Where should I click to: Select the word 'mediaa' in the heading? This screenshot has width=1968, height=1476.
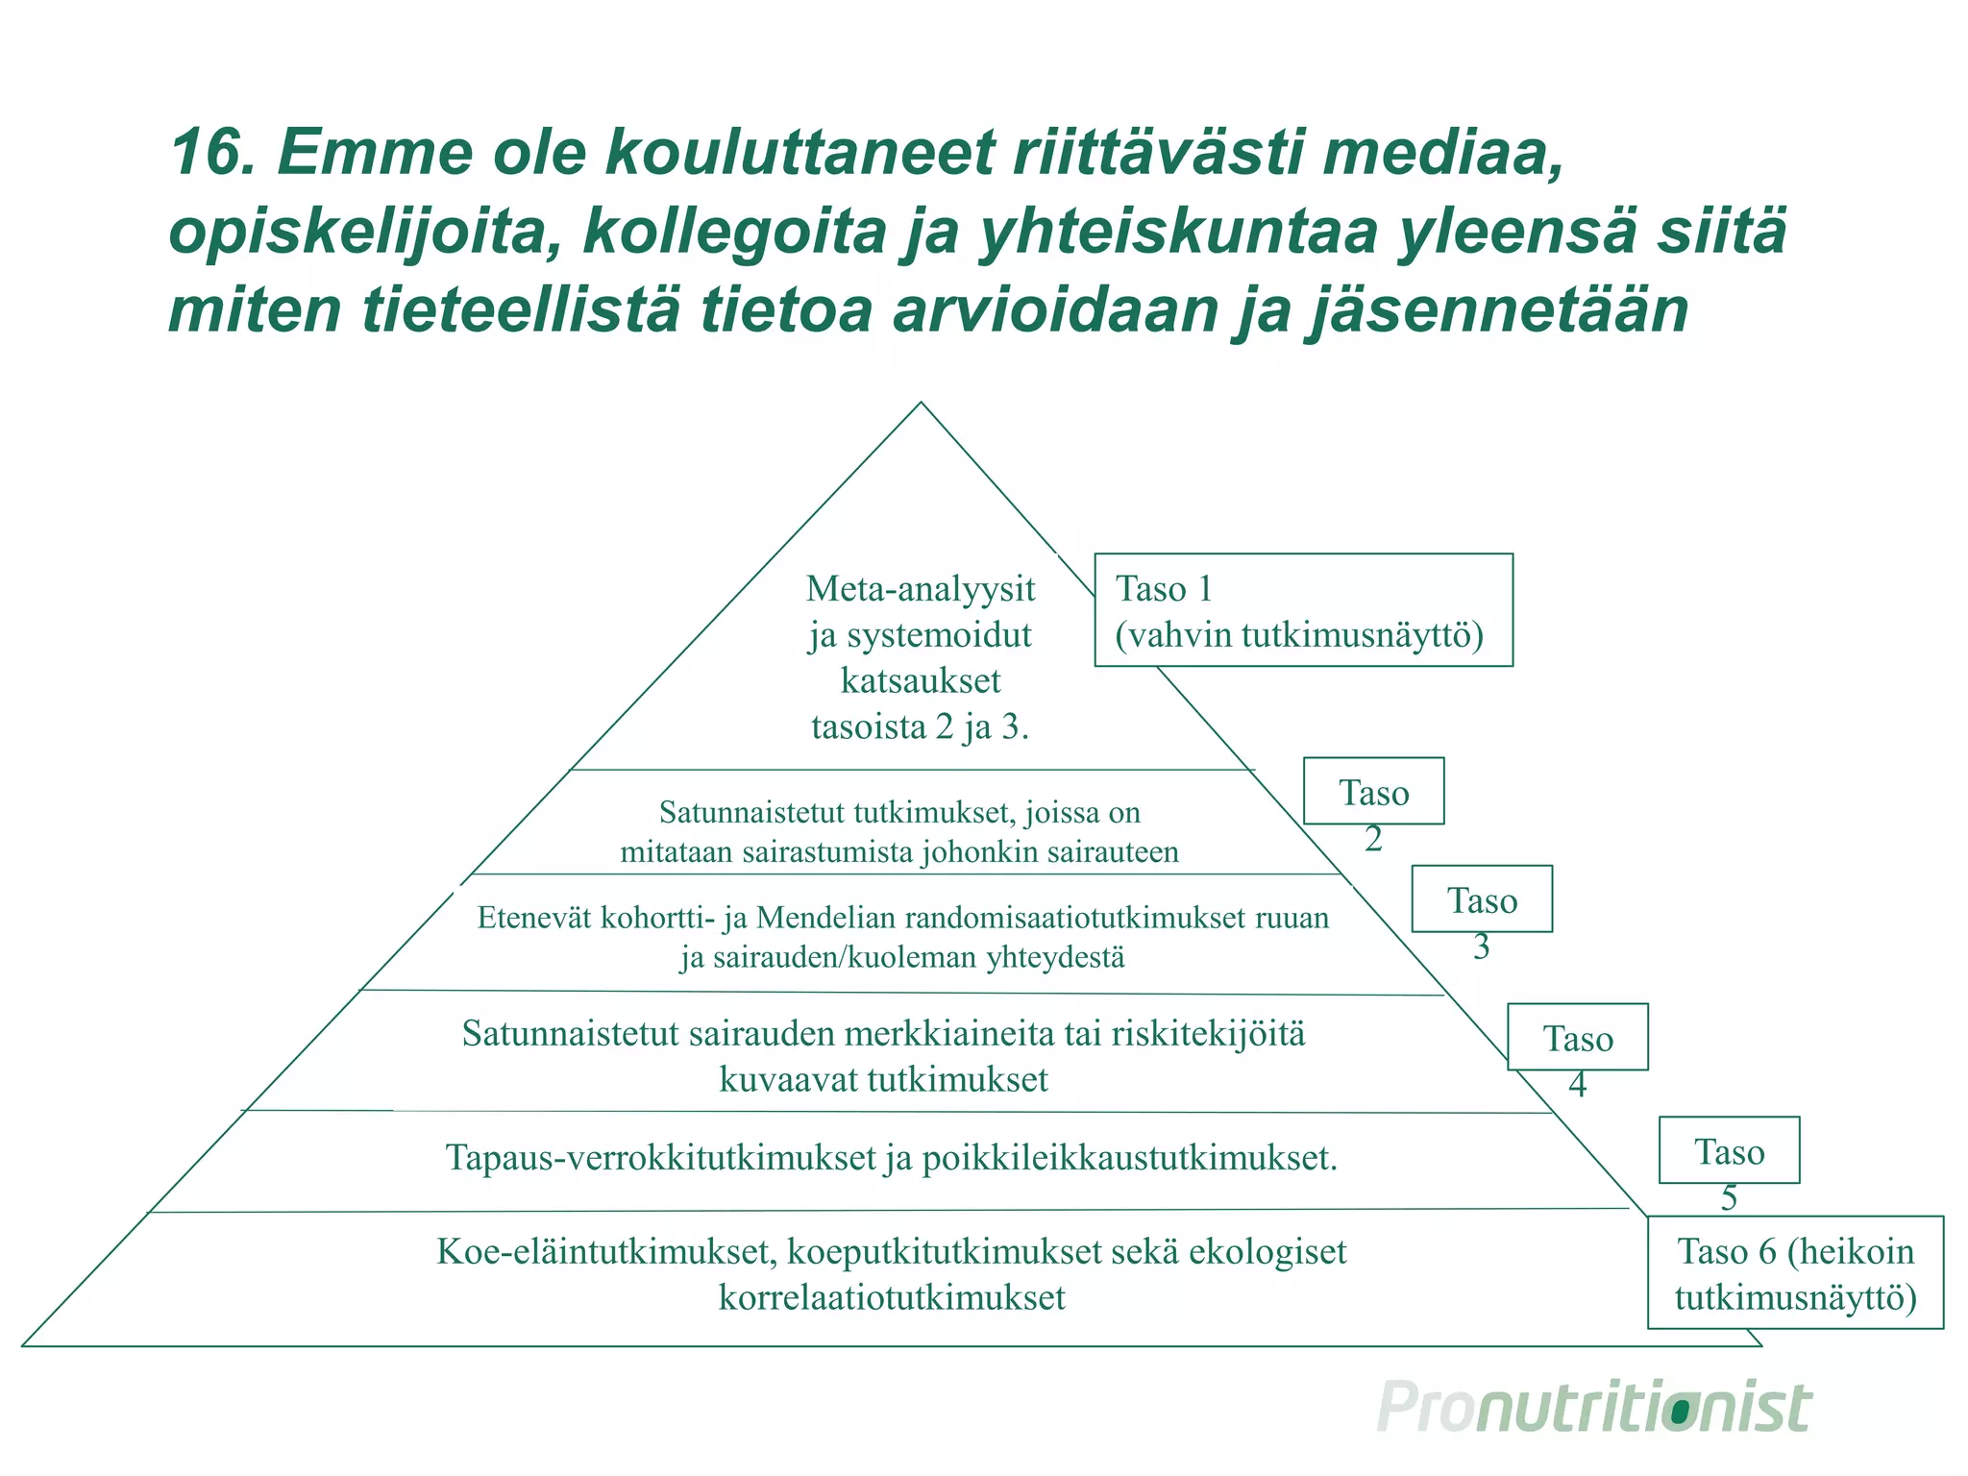pyautogui.click(x=1441, y=154)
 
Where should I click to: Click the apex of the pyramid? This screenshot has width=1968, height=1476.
pyautogui.click(x=921, y=404)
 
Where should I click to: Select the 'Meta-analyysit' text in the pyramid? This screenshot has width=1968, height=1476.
pyautogui.click(x=921, y=588)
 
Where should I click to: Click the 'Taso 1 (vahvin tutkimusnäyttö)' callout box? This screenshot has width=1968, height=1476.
pyautogui.click(x=1303, y=610)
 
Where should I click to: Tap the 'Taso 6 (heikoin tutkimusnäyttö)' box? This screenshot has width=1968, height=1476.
pyautogui.click(x=1794, y=1273)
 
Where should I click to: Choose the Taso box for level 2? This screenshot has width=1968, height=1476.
pyautogui.click(x=1373, y=792)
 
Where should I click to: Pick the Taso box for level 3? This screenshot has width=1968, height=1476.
pyautogui.click(x=1481, y=899)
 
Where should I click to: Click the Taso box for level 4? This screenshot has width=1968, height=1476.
pyautogui.click(x=1577, y=1038)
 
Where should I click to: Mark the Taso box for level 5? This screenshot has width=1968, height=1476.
pyautogui.click(x=1728, y=1151)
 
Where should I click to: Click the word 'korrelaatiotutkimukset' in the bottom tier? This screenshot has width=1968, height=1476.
pyautogui.click(x=892, y=1298)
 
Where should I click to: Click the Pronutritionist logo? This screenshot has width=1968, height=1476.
pyautogui.click(x=1594, y=1410)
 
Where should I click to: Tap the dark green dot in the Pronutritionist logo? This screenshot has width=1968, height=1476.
pyautogui.click(x=1681, y=1412)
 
